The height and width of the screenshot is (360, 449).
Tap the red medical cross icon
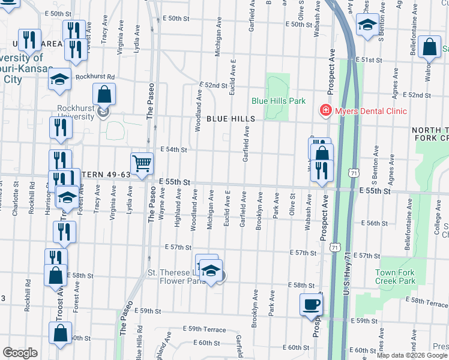tap(325, 111)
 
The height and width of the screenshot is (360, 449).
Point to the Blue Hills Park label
tap(279, 101)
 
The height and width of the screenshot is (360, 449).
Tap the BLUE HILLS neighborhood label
tap(231, 119)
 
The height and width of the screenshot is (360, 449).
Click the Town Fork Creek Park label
tap(395, 277)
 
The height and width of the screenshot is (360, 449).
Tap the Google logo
tap(20, 353)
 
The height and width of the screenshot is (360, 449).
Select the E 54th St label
tap(174, 149)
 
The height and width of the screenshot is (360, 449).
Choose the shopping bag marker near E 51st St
tap(430, 48)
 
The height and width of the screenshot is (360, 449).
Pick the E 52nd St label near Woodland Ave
tap(213, 86)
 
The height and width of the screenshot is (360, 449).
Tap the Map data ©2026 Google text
tap(412, 355)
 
